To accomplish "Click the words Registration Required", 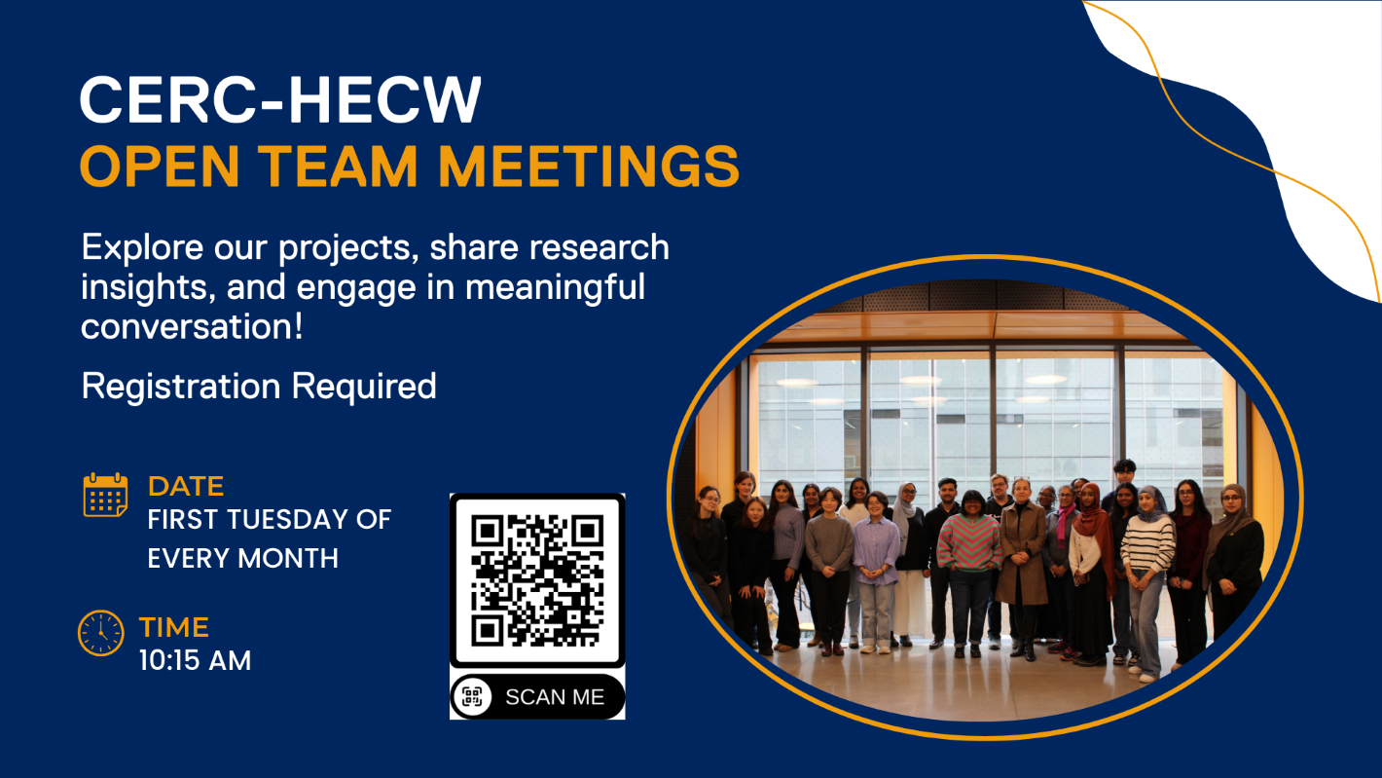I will point(259,387).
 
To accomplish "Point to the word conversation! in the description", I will point(193,326).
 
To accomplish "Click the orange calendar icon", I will point(105,496).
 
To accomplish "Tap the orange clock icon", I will point(101,633).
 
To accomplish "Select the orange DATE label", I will point(186,486).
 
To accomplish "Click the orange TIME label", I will point(174,627).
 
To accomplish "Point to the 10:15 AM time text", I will point(195,661).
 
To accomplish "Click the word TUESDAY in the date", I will point(271,520).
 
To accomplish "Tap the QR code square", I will point(537,580).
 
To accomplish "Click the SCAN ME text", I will point(555,697).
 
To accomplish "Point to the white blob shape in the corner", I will point(1294,107).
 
